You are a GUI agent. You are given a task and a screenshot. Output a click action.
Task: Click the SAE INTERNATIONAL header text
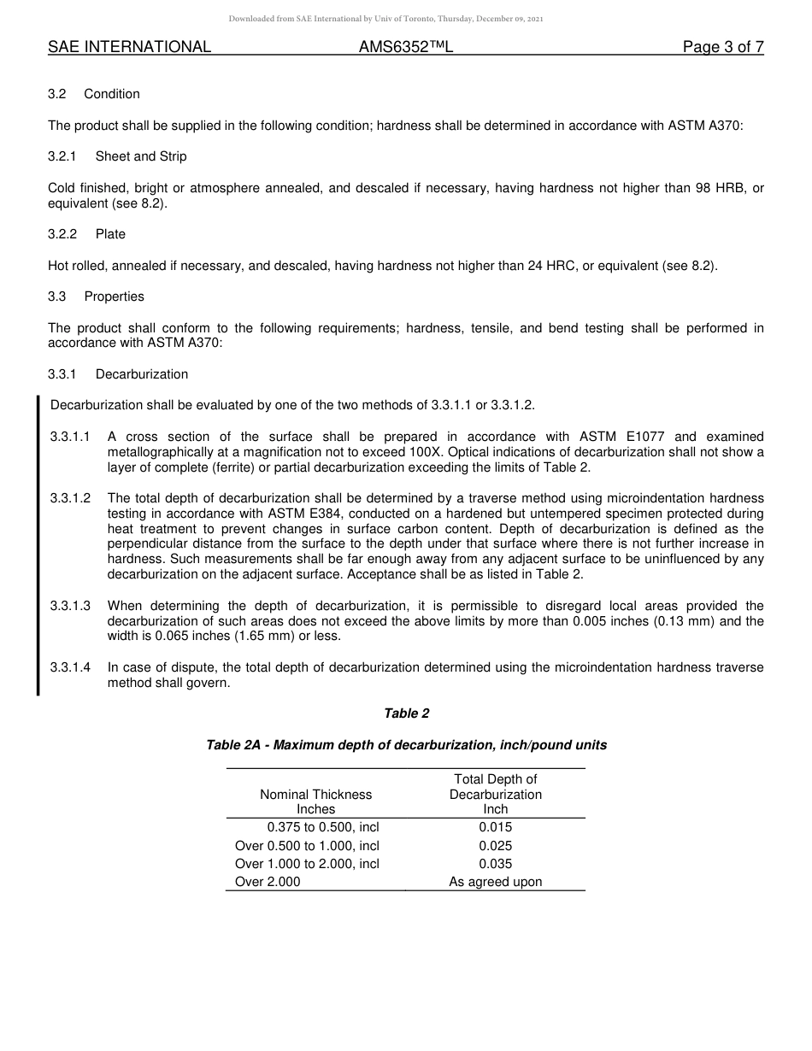point(129,48)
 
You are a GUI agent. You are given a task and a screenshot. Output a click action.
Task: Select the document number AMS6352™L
point(405,48)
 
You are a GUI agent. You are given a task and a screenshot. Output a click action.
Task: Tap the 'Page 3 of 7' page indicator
point(722,48)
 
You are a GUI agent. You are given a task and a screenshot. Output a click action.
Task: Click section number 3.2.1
point(62,156)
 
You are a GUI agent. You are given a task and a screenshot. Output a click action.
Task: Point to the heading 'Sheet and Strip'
point(141,156)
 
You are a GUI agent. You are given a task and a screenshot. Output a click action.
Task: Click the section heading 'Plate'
point(110,234)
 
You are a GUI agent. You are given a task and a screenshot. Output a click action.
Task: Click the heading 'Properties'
point(114,297)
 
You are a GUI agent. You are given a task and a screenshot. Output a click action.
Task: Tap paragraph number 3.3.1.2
point(70,498)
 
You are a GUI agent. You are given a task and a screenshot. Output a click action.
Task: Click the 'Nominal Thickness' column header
point(315,795)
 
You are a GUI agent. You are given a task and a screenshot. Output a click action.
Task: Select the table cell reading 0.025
point(495,846)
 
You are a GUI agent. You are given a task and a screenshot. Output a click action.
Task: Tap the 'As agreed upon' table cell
point(495,882)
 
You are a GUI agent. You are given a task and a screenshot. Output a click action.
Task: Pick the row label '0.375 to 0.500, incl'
point(322,827)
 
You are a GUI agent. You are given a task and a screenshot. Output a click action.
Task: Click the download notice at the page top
point(385,19)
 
